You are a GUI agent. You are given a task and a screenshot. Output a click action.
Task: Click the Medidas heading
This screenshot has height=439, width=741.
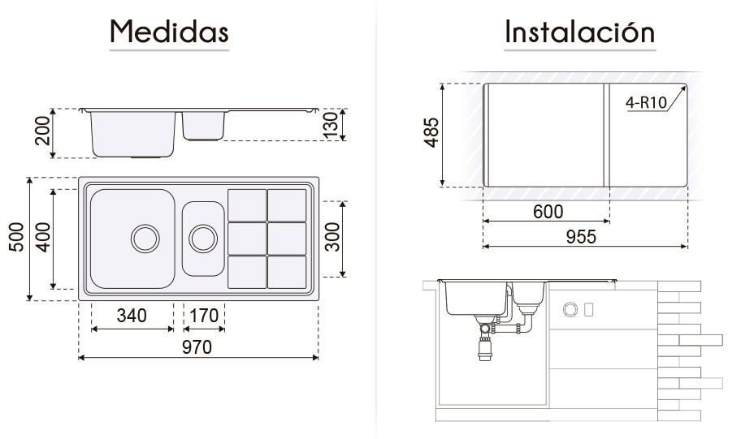(169, 32)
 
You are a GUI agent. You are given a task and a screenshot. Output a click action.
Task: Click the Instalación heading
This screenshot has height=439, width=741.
(580, 32)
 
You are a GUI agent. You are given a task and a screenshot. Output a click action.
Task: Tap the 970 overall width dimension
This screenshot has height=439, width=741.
(197, 347)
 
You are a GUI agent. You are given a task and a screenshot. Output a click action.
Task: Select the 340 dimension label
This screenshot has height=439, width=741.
(132, 316)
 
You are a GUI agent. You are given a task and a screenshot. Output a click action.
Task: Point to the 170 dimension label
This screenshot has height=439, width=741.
(204, 316)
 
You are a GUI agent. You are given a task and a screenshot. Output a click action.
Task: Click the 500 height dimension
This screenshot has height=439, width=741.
(16, 237)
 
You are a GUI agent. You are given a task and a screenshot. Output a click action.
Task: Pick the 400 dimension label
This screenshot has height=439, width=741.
(43, 237)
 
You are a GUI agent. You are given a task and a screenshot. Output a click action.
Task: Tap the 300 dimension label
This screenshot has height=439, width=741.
(332, 237)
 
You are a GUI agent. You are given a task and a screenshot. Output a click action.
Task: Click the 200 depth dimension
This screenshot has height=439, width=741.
(43, 131)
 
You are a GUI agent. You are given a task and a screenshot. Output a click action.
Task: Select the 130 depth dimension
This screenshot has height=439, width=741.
(331, 125)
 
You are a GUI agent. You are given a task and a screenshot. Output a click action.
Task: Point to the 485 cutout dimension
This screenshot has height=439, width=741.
(431, 132)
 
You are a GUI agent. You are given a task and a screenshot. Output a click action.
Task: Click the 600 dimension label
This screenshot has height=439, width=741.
(548, 212)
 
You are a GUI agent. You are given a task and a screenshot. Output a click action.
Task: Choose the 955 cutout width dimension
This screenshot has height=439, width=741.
(581, 237)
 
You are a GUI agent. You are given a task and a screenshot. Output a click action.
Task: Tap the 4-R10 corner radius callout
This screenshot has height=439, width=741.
(646, 102)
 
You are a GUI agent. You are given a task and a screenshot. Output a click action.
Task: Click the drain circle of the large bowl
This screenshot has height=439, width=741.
(145, 238)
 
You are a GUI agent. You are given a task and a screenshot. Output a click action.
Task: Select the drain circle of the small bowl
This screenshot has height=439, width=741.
(203, 238)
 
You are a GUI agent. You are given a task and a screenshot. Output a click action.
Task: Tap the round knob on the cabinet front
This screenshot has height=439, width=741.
(570, 310)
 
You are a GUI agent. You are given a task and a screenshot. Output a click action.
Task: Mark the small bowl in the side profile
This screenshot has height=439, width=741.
(204, 126)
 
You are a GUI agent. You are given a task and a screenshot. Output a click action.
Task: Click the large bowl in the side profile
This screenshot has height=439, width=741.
(132, 134)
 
